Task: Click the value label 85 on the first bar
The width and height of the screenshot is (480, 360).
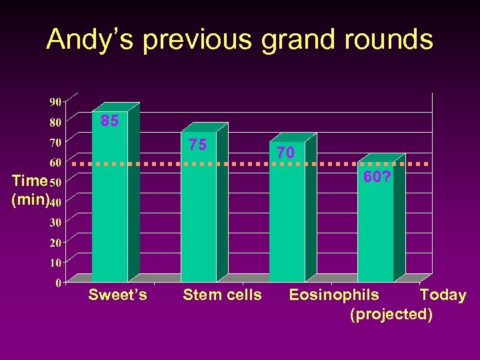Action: point(109,121)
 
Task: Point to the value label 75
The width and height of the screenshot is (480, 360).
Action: point(197,145)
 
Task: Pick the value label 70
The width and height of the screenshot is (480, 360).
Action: point(285,153)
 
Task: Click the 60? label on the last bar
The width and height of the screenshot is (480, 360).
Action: point(377,177)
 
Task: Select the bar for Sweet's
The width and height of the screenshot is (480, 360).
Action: point(110,200)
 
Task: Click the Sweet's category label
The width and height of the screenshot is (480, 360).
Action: point(117,295)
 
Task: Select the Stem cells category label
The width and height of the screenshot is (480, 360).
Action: point(222,295)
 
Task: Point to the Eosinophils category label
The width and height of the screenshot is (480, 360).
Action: point(333,295)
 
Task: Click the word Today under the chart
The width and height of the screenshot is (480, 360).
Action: point(443,295)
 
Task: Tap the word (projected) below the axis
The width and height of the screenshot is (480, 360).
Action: point(391,314)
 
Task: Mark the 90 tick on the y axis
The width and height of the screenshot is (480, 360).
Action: point(55,102)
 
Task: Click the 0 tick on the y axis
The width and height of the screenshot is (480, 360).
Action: point(59,283)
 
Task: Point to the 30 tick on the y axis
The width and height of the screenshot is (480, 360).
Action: point(55,222)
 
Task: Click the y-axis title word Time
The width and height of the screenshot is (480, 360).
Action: point(29,181)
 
